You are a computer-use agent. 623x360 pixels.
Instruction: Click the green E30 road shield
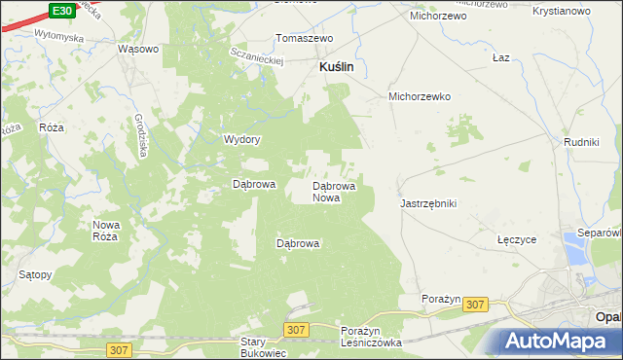(61, 10)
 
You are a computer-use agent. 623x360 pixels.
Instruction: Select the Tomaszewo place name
(305, 39)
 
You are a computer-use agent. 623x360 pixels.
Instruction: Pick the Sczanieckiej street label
(257, 55)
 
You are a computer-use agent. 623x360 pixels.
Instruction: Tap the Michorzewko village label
(420, 97)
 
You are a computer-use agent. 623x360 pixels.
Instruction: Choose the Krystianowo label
(563, 11)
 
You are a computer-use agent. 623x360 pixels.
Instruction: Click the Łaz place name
(501, 57)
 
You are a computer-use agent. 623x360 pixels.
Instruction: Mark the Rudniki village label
(581, 142)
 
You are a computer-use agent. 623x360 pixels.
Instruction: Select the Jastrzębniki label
(428, 204)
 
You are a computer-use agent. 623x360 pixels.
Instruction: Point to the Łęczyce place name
(517, 239)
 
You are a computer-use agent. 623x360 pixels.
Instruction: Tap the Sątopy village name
(35, 275)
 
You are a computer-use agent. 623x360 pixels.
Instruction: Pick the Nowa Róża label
(105, 231)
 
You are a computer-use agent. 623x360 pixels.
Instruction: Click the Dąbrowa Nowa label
(333, 191)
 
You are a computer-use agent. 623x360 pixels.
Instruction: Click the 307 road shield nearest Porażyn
(475, 305)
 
